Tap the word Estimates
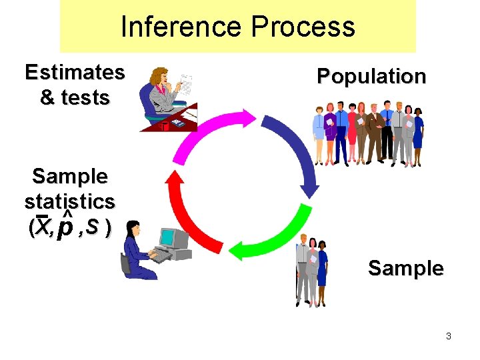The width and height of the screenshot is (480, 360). [x=75, y=72]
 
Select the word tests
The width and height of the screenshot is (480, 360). [x=85, y=97]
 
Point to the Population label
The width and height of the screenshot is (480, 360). [x=371, y=77]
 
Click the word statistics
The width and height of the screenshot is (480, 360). [x=70, y=201]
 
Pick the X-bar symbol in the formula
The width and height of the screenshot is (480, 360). [x=43, y=227]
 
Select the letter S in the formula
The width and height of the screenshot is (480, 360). [x=93, y=227]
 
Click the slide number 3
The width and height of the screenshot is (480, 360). [x=449, y=336]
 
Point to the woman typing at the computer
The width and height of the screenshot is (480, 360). [x=136, y=250]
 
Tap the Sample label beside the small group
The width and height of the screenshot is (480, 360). [x=405, y=268]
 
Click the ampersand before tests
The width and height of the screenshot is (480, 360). [x=48, y=97]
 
